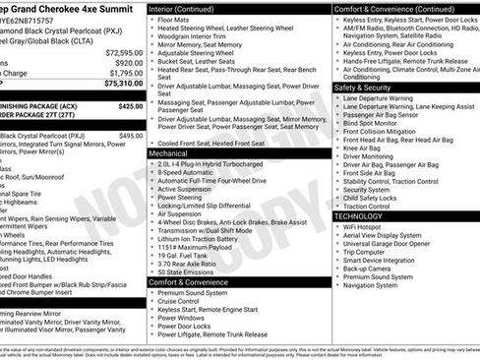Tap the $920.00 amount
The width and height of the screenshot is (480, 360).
click(x=128, y=62)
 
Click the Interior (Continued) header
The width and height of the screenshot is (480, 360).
click(x=189, y=8)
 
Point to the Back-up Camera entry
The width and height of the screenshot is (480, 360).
click(x=371, y=269)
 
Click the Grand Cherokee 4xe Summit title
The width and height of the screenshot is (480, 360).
click(x=69, y=8)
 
